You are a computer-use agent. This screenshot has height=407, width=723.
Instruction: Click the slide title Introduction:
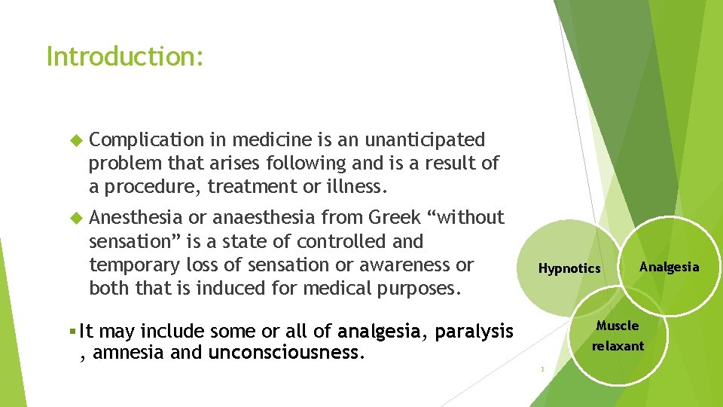[125, 57]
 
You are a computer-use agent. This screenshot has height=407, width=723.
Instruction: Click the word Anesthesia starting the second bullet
[136, 218]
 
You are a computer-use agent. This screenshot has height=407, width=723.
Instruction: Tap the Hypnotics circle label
[569, 268]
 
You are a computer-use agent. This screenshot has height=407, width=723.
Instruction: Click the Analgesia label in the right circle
[669, 267]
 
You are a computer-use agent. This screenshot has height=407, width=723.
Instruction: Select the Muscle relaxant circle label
[618, 336]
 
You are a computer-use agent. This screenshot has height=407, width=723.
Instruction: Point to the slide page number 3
[541, 369]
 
